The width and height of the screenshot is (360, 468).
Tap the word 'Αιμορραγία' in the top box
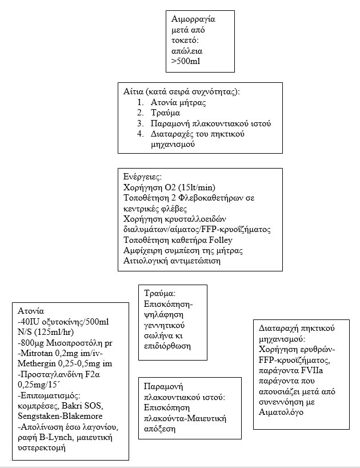pyautogui.click(x=191, y=19)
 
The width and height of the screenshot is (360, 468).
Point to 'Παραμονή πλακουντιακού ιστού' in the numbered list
pyautogui.click(x=210, y=123)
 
